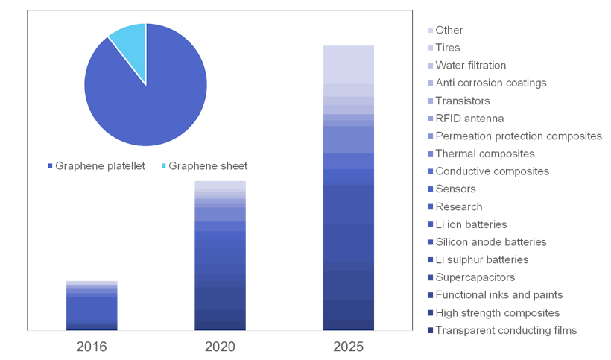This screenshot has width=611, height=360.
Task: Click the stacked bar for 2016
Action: pyautogui.click(x=92, y=306)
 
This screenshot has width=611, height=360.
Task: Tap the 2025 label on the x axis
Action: pyautogui.click(x=349, y=347)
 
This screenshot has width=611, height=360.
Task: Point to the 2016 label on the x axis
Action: pyautogui.click(x=92, y=347)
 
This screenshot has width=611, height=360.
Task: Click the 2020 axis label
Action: pyautogui.click(x=220, y=347)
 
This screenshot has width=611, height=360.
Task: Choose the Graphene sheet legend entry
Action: pyautogui.click(x=204, y=165)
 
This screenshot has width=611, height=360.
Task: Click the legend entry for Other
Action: pyautogui.click(x=449, y=31)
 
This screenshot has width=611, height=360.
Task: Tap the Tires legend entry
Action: pyautogui.click(x=448, y=48)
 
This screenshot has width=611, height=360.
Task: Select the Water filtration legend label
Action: pyautogui.click(x=470, y=66)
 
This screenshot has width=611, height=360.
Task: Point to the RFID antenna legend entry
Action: pyautogui.click(x=469, y=119)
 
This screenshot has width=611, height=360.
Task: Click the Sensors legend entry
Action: pyautogui.click(x=455, y=189)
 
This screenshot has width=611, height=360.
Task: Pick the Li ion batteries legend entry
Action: pyautogui.click(x=471, y=224)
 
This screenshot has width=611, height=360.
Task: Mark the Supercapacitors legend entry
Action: pyautogui.click(x=475, y=277)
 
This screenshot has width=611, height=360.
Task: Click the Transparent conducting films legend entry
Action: pyautogui.click(x=505, y=330)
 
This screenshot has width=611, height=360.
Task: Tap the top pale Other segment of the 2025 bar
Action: pyautogui.click(x=349, y=64)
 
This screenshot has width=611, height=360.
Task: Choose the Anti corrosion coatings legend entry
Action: pyautogui.click(x=490, y=83)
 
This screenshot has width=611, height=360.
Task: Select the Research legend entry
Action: pyautogui.click(x=458, y=206)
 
